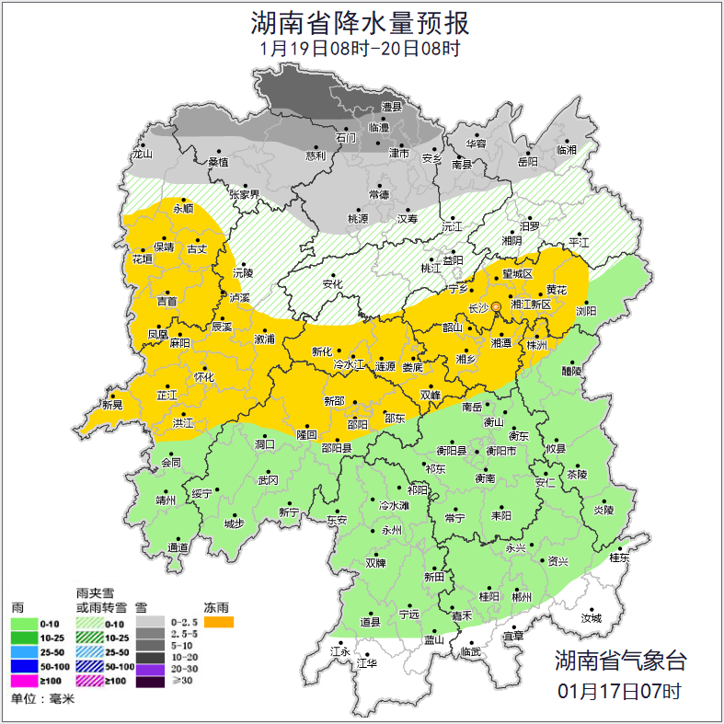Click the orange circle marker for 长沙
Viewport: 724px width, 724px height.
pyautogui.click(x=497, y=306)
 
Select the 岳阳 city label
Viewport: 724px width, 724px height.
pyautogui.click(x=527, y=162)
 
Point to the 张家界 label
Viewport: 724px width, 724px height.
pyautogui.click(x=245, y=195)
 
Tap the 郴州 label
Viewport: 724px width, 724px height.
pyautogui.click(x=522, y=597)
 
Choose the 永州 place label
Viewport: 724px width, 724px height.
pyautogui.click(x=392, y=532)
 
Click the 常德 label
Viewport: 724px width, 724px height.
pyautogui.click(x=378, y=195)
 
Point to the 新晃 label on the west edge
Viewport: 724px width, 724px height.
pyautogui.click(x=112, y=405)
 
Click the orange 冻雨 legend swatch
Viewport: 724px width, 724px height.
pyautogui.click(x=219, y=623)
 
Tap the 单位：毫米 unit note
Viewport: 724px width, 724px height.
pyautogui.click(x=42, y=699)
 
